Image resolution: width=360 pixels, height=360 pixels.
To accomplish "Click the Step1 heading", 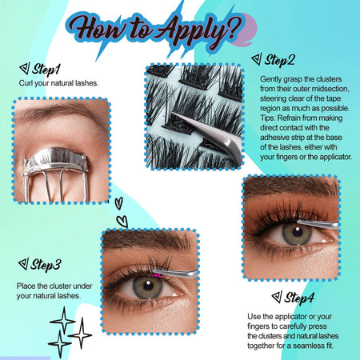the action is pos(46,70).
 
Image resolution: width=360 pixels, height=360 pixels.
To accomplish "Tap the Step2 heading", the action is pos(280,60).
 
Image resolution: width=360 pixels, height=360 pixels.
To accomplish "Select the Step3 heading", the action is pos(46,265).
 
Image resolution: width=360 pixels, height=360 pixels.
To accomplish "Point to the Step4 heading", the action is pos(299,298).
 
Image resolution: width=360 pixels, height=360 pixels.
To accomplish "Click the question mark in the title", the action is pos(234,30).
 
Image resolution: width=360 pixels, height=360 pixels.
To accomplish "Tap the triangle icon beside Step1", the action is pos(25,69).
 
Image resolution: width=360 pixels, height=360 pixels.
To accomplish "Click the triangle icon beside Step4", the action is pos(277,297).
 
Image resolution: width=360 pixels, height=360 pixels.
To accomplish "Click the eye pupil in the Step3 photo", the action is pos(148,286).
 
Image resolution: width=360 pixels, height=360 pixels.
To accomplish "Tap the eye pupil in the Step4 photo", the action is pos(298,232).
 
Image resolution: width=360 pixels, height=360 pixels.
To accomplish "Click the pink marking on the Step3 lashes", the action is pos(157,274).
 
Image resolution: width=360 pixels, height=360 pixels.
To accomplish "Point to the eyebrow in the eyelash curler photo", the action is pos(58,110).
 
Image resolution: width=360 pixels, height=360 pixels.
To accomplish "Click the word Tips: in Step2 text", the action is pos(268,118).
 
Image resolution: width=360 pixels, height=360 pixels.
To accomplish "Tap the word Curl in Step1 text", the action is pos(26,83).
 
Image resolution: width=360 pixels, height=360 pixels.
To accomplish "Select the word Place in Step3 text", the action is pos(26,286).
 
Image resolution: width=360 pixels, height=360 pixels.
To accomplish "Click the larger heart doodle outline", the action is pos(122,222).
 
